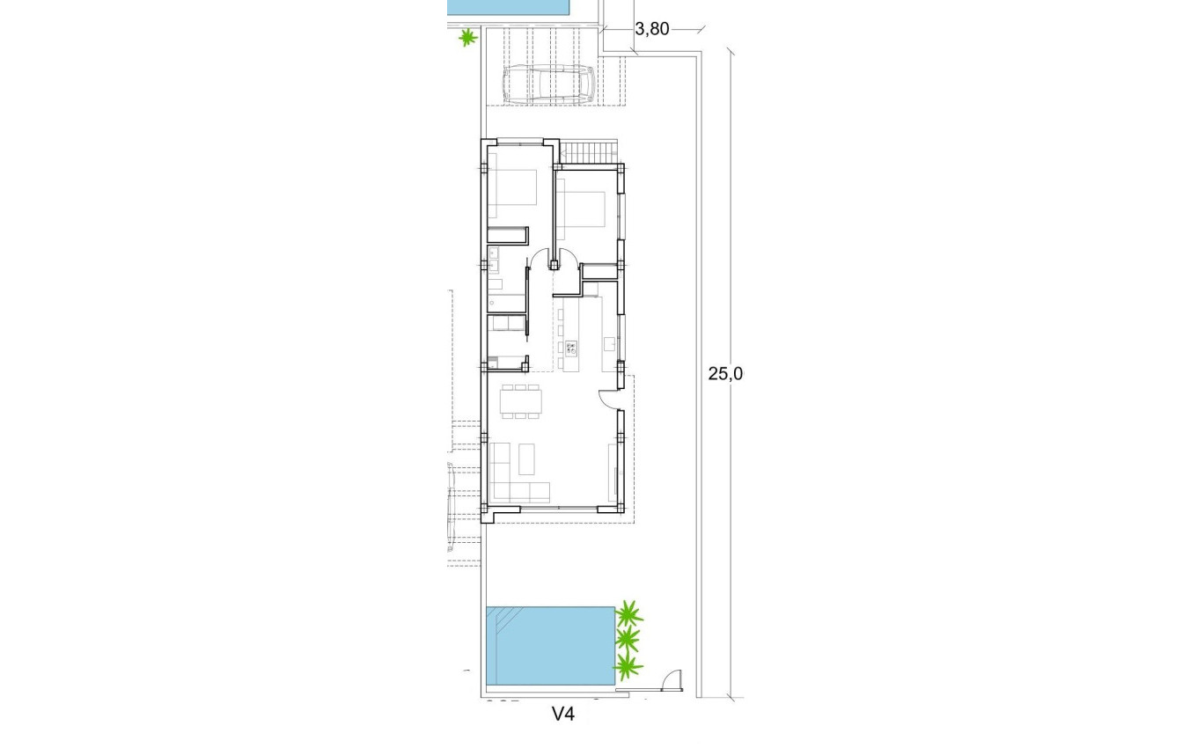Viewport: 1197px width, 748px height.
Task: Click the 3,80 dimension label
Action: pos(652,29)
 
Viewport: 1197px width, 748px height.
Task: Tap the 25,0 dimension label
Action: pos(726,373)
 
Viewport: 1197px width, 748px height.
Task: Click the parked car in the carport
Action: pos(548,85)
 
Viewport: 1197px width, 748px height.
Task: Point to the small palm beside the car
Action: pos(467,38)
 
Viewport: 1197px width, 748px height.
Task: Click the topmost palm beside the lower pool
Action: pos(628,612)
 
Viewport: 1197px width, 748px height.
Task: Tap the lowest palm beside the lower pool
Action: pos(627,666)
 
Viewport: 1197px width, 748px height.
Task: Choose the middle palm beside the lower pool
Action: pos(628,639)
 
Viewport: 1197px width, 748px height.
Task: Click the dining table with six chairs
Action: pos(520,401)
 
